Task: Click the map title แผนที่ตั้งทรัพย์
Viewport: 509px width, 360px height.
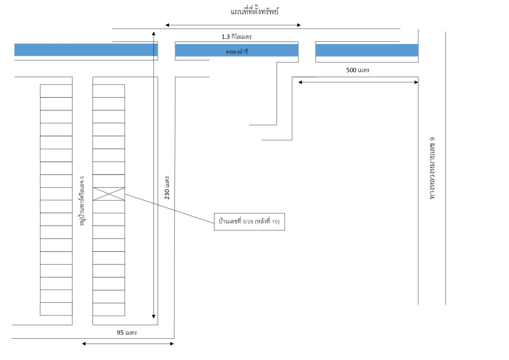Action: click(254, 12)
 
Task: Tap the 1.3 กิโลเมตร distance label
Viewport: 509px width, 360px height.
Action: click(239, 36)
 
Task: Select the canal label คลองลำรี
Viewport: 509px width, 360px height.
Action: click(237, 52)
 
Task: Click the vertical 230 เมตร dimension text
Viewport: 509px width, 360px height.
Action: click(167, 187)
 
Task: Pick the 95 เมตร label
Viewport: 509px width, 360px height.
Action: click(126, 333)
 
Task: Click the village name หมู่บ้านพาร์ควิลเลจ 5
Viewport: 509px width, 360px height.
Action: click(82, 201)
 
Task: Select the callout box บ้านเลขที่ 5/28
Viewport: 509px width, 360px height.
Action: click(249, 222)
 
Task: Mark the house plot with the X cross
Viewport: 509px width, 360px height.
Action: click(109, 194)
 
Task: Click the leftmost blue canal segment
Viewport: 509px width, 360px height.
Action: click(86, 50)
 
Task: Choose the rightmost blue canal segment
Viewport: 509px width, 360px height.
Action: click(367, 50)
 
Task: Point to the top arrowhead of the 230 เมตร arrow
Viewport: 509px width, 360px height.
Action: click(154, 33)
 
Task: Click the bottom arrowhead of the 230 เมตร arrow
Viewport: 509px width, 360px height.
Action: click(154, 316)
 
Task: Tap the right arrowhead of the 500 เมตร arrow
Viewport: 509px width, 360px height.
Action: click(416, 82)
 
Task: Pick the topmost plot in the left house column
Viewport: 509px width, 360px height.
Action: click(56, 91)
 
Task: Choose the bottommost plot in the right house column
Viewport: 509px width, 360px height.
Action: click(109, 309)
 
